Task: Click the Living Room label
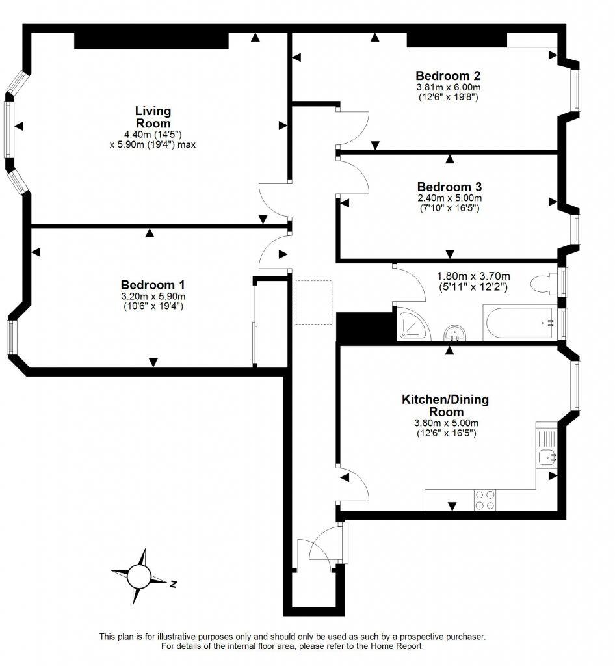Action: pos(153,117)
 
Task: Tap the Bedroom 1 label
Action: pos(153,285)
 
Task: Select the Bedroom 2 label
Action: pos(448,74)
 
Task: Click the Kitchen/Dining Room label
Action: pos(445,405)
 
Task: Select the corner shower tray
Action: pos(413,324)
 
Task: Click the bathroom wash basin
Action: pos(456,332)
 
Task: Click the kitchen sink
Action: pos(547,457)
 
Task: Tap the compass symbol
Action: pos(138,576)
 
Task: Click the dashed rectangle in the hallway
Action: pos(314,302)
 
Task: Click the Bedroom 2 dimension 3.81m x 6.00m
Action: pos(448,87)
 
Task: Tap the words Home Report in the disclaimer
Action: pos(399,646)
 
